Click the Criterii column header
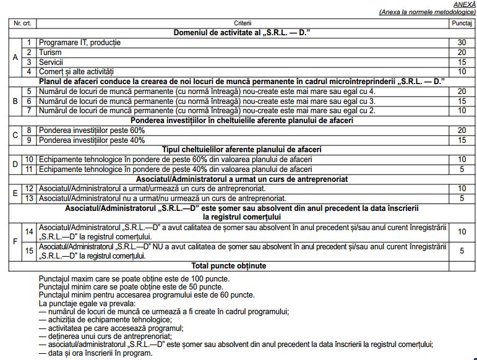pos(243,23)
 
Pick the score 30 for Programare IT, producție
pos(462,43)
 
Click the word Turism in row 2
pos(51,53)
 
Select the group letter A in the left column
pos(15,57)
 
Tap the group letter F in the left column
pos(15,241)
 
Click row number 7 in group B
pos(29,111)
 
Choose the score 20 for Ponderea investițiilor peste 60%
pos(462,131)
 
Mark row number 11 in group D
pos(29,169)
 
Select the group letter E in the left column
pos(15,193)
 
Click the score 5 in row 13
pos(462,198)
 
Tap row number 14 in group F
pos(29,231)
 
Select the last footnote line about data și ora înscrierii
pos(95,353)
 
